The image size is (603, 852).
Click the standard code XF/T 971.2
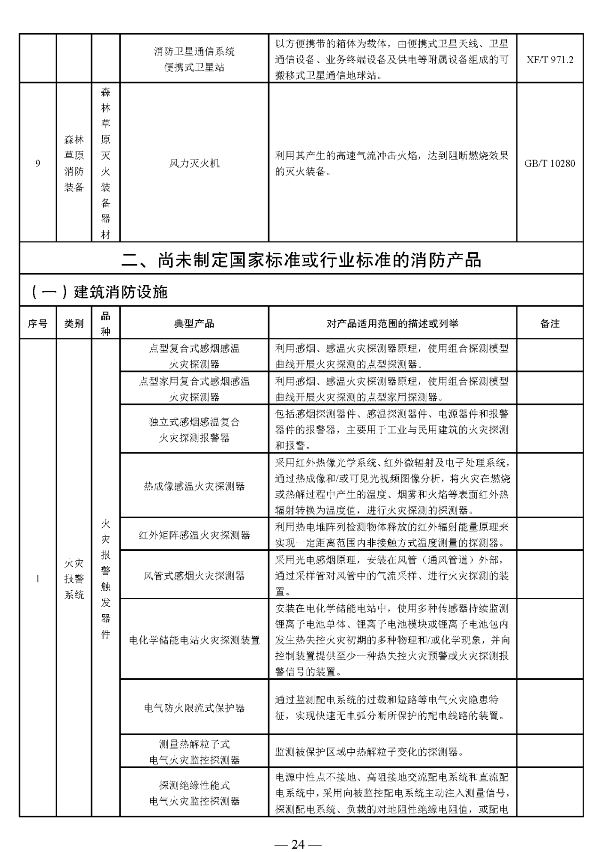tap(549, 60)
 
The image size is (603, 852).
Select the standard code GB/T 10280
tap(549, 164)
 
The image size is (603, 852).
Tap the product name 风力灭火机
tap(194, 164)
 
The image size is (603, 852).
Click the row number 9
tap(38, 164)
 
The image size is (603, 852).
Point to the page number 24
tap(298, 831)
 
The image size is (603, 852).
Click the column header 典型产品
tap(194, 323)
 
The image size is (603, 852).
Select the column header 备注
tap(549, 323)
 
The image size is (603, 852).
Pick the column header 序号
tap(38, 323)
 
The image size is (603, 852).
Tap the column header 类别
tap(74, 323)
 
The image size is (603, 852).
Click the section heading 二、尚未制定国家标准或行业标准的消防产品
tap(301, 259)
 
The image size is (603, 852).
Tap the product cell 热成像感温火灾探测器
tap(194, 486)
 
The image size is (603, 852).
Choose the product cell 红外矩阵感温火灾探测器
tap(194, 535)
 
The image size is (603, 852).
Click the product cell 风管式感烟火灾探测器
tap(194, 576)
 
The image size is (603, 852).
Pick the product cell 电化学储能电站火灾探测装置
tap(194, 640)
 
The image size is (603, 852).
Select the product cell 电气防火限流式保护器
tap(194, 708)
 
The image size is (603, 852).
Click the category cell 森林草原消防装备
tap(74, 164)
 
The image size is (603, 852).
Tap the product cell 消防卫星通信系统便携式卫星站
tap(194, 60)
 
